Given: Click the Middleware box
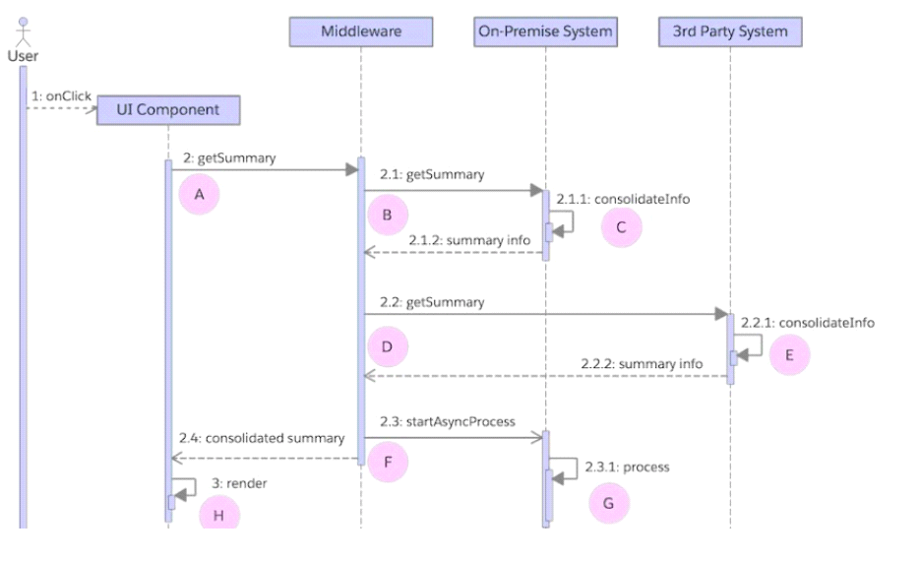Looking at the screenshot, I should click(361, 31).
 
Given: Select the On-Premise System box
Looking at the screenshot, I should click(545, 31).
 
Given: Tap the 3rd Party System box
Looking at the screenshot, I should click(730, 31).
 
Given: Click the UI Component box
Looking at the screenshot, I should click(168, 109).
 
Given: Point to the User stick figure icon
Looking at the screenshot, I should click(23, 30).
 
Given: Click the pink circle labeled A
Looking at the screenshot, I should click(199, 195).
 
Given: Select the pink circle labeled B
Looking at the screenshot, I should click(387, 215).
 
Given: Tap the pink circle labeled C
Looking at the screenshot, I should click(620, 227).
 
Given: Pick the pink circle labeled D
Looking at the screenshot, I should click(387, 347).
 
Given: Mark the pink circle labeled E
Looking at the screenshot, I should click(789, 355).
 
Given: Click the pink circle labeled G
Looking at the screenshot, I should click(608, 503).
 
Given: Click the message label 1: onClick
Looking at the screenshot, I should click(61, 96).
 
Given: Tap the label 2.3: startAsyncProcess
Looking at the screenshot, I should click(447, 421).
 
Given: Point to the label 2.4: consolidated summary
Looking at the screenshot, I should click(262, 437).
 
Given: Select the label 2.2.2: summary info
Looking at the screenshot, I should click(655, 363).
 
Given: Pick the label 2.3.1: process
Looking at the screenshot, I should click(628, 467).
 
